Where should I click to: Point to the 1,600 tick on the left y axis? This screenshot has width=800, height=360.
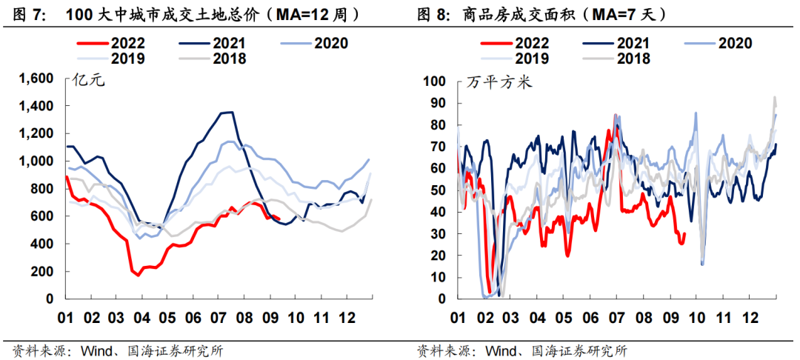[x=36, y=79]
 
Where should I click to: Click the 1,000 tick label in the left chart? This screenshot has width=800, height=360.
[x=36, y=161]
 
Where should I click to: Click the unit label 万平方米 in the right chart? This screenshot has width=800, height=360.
[x=499, y=81]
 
